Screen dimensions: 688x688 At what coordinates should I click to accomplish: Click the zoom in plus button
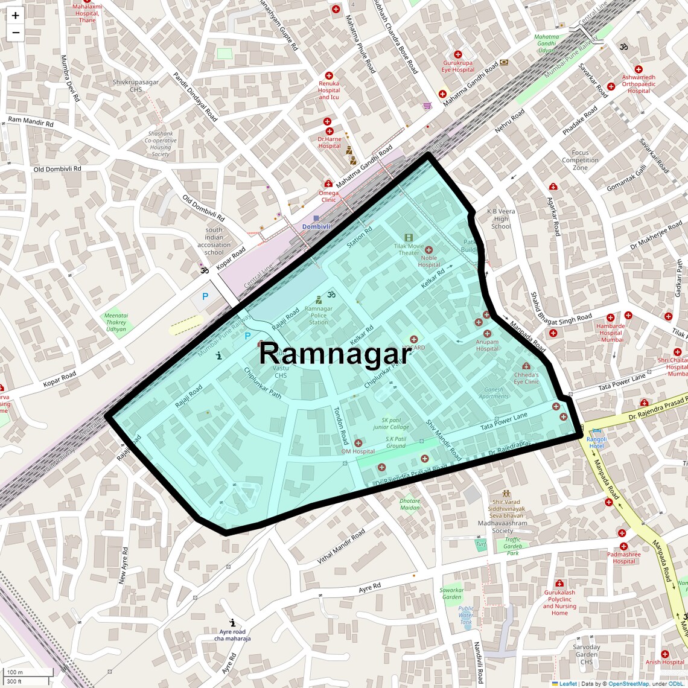click(15, 15)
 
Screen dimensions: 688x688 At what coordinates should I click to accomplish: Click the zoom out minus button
click(15, 33)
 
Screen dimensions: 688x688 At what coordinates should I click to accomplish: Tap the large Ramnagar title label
click(335, 354)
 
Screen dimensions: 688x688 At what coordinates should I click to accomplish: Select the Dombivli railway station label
click(316, 226)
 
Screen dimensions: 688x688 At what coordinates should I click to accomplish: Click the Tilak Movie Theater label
click(409, 249)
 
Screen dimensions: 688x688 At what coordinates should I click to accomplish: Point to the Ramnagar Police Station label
click(318, 315)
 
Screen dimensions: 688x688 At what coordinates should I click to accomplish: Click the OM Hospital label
click(358, 451)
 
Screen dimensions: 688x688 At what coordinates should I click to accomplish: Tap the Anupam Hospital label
click(487, 345)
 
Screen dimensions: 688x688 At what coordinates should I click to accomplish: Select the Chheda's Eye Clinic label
click(526, 378)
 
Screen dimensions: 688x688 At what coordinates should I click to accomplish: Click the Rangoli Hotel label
click(596, 442)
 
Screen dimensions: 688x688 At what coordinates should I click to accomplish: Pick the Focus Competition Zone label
click(580, 160)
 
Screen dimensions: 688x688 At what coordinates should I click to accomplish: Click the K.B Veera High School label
click(501, 218)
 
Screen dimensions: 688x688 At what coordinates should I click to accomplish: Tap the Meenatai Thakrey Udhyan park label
click(116, 322)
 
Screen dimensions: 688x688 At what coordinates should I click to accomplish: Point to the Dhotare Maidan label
click(410, 504)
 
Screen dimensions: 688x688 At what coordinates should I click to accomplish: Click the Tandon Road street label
click(341, 425)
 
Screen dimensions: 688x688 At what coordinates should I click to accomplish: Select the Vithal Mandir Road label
click(342, 547)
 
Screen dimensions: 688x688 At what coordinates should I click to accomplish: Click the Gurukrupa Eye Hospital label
click(457, 66)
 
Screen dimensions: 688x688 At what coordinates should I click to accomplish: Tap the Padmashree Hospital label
click(623, 558)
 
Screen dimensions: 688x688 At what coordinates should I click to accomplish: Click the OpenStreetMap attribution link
click(628, 684)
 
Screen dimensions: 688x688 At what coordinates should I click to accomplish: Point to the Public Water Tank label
click(466, 615)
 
